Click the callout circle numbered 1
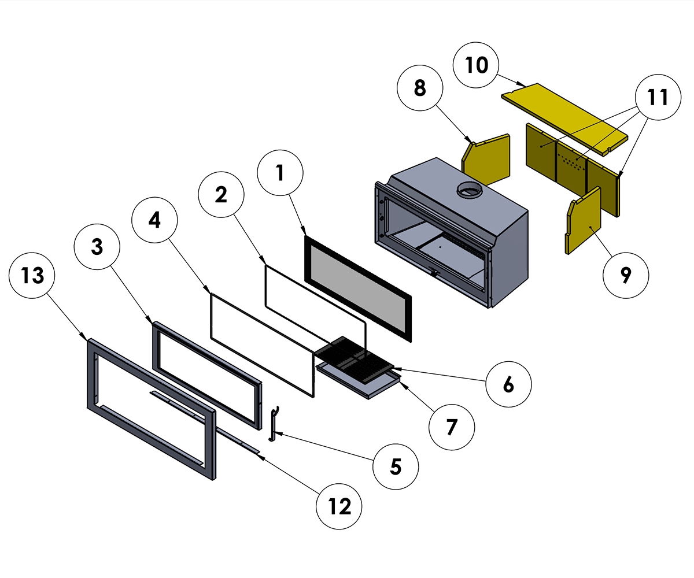pos(280,172)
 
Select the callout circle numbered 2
pos(221,195)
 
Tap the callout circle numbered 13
pos(33,276)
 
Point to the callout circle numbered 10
pos(477,65)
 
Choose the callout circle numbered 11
pos(658,98)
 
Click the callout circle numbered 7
pos(452,427)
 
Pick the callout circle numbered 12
pos(339,506)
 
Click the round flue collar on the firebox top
pos(470,191)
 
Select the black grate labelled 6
pos(354,360)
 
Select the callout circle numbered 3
pos(97,247)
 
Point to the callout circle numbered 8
pos(420,88)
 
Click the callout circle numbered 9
pos(626,276)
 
